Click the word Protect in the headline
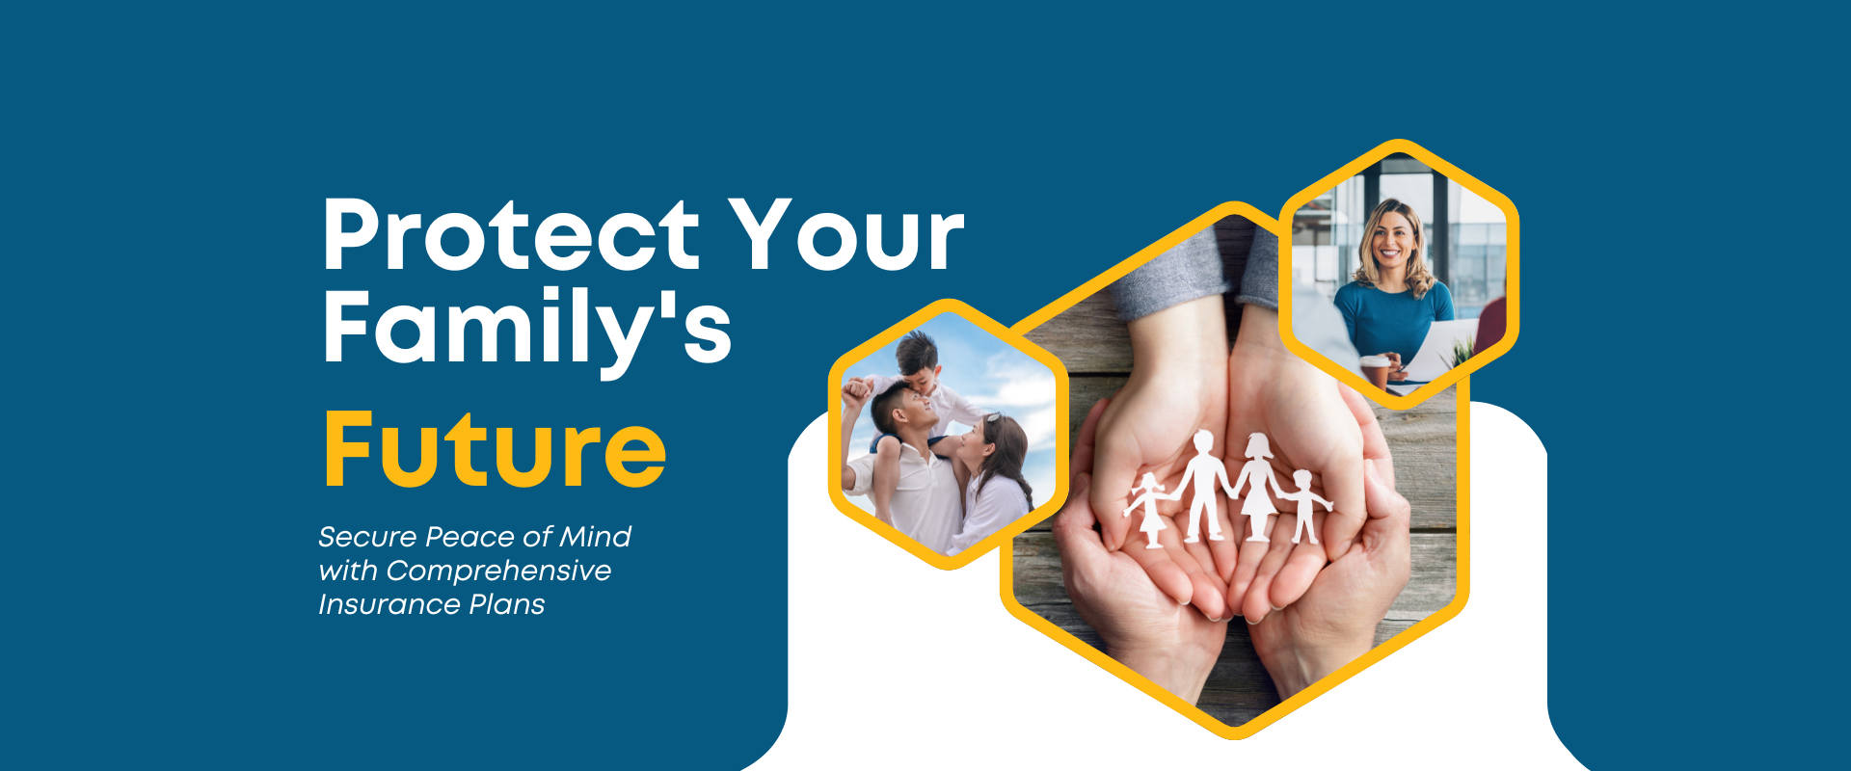511,234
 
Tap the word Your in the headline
845,234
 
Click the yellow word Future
495,449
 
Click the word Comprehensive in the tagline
498,572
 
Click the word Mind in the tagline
595,536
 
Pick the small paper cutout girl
1149,509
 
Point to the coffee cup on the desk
1376,371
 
